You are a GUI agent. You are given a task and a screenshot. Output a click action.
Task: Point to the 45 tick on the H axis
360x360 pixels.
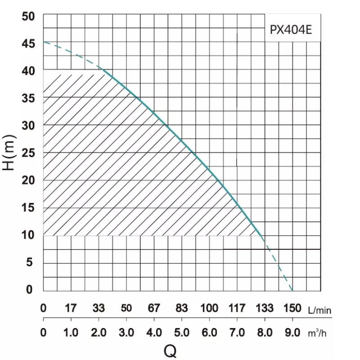(x=28, y=44)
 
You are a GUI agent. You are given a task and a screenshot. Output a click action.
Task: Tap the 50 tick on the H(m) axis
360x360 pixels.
(x=28, y=16)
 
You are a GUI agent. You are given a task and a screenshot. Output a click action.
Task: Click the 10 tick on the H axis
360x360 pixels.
(x=28, y=235)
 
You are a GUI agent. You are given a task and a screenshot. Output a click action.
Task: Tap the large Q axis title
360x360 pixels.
(x=170, y=351)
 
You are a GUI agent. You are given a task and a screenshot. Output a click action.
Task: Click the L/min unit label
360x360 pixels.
(x=320, y=310)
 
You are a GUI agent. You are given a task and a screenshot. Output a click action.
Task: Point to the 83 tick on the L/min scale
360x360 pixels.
(x=181, y=309)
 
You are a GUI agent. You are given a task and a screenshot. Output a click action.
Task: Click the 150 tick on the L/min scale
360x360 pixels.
(x=292, y=309)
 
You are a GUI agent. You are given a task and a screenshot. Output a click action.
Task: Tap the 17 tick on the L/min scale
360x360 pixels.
(x=71, y=309)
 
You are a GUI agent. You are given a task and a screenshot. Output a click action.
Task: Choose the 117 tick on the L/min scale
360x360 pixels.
(x=237, y=309)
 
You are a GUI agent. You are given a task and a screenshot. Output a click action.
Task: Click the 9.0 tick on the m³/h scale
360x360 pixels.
(x=292, y=333)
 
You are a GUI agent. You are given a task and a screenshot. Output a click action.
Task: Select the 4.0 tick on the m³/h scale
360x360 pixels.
(x=154, y=333)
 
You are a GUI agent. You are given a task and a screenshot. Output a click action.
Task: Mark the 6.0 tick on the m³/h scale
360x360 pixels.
(x=209, y=333)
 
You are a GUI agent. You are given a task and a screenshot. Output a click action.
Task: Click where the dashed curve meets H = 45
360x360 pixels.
(x=44, y=42)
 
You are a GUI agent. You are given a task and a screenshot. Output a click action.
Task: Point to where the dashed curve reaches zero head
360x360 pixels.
(x=292, y=290)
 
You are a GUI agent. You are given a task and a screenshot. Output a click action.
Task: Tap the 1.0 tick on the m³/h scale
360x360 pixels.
(x=71, y=333)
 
